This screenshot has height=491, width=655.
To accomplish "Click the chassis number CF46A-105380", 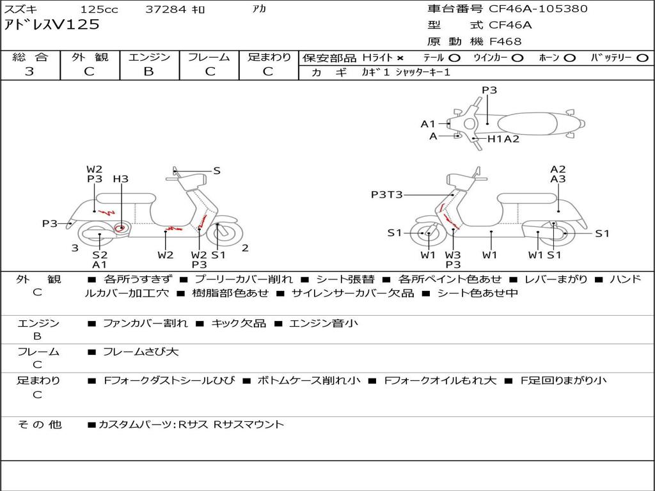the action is [x=538, y=9].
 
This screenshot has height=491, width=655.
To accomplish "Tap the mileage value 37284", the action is [x=166, y=10].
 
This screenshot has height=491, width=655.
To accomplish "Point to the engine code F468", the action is [x=505, y=42].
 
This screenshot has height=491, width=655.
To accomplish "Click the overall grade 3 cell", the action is [x=29, y=72].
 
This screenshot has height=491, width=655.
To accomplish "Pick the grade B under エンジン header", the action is [x=148, y=72].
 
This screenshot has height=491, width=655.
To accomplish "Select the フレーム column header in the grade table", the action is [x=209, y=58].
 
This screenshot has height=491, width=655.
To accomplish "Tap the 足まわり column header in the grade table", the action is [x=269, y=58].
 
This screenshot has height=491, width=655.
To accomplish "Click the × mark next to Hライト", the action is [x=400, y=58].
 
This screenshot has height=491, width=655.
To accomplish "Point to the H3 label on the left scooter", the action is [x=120, y=179].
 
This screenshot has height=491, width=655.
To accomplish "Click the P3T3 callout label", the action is [x=386, y=194].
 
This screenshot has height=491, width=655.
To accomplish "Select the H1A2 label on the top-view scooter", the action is [x=503, y=139].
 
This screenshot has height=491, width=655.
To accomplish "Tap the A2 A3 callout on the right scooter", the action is [x=558, y=174].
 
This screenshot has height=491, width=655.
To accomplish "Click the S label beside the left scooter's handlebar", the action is [x=217, y=171].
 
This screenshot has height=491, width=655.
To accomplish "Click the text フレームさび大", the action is [x=141, y=352].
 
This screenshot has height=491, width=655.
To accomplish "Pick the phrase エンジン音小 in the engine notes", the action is [x=324, y=323].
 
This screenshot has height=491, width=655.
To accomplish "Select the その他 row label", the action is [x=39, y=425].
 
